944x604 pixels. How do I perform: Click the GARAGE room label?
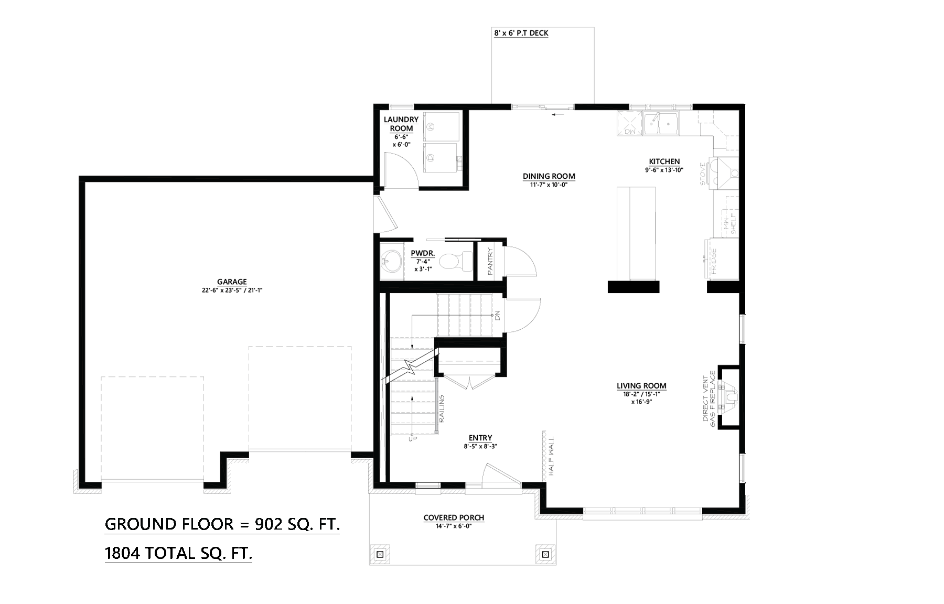point(231,282)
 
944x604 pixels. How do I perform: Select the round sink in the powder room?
point(390,260)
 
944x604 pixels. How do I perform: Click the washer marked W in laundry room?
point(431,126)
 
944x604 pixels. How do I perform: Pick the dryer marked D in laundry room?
point(431,157)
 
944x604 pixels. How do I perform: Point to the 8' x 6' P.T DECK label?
point(521,33)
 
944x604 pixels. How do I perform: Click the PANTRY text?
point(490,261)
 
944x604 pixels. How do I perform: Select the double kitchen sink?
point(661,124)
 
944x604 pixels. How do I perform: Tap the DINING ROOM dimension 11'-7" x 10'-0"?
point(549,184)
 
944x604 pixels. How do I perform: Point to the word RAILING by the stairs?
point(442,409)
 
